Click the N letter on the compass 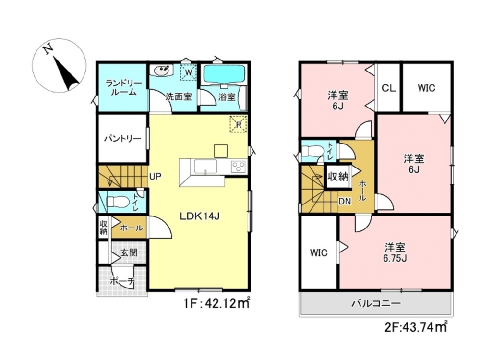48,49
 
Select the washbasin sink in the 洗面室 161,71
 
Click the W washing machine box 189,73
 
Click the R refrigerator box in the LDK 239,124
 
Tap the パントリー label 122,139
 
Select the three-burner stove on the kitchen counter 239,167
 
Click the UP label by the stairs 156,176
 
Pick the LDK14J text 199,216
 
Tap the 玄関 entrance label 129,253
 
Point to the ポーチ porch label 122,281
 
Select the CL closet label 388,88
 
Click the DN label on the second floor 345,202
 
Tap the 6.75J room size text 395,258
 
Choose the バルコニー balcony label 376,303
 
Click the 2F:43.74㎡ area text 416,327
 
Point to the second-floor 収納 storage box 338,177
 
